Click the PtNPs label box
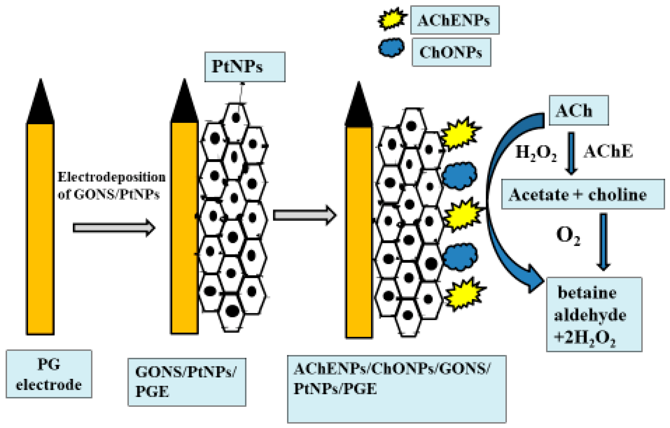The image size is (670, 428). [x=245, y=67]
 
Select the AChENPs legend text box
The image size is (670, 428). [x=455, y=20]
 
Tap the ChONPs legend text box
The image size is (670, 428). [x=451, y=52]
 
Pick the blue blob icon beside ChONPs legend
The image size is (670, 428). [x=391, y=48]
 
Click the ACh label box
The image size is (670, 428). [x=579, y=110]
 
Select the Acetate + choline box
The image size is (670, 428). [x=583, y=194]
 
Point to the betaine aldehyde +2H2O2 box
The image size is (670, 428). [x=594, y=314]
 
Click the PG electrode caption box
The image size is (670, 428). [x=49, y=374]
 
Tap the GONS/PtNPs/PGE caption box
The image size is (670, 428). [x=187, y=382]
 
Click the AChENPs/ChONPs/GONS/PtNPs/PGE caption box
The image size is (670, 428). [x=397, y=389]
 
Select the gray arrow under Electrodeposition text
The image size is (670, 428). [x=114, y=228]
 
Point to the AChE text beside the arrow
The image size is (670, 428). [x=608, y=152]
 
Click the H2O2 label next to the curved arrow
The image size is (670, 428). [x=536, y=153]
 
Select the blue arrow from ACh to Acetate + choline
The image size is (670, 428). [x=571, y=153]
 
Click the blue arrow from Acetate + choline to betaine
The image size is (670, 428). [x=603, y=242]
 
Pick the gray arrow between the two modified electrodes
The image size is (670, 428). [x=304, y=215]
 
